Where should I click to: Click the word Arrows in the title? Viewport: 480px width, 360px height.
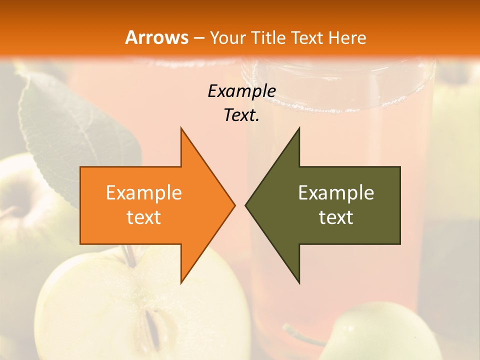[156, 37]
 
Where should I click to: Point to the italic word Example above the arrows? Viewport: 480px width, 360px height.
[241, 91]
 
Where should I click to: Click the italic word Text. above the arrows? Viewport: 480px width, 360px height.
[241, 115]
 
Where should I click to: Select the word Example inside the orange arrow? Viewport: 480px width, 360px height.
[144, 192]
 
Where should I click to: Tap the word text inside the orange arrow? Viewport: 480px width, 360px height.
[144, 217]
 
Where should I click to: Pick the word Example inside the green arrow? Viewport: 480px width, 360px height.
[336, 192]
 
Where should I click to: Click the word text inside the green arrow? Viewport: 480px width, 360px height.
[336, 217]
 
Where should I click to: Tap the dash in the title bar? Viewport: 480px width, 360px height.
[198, 37]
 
